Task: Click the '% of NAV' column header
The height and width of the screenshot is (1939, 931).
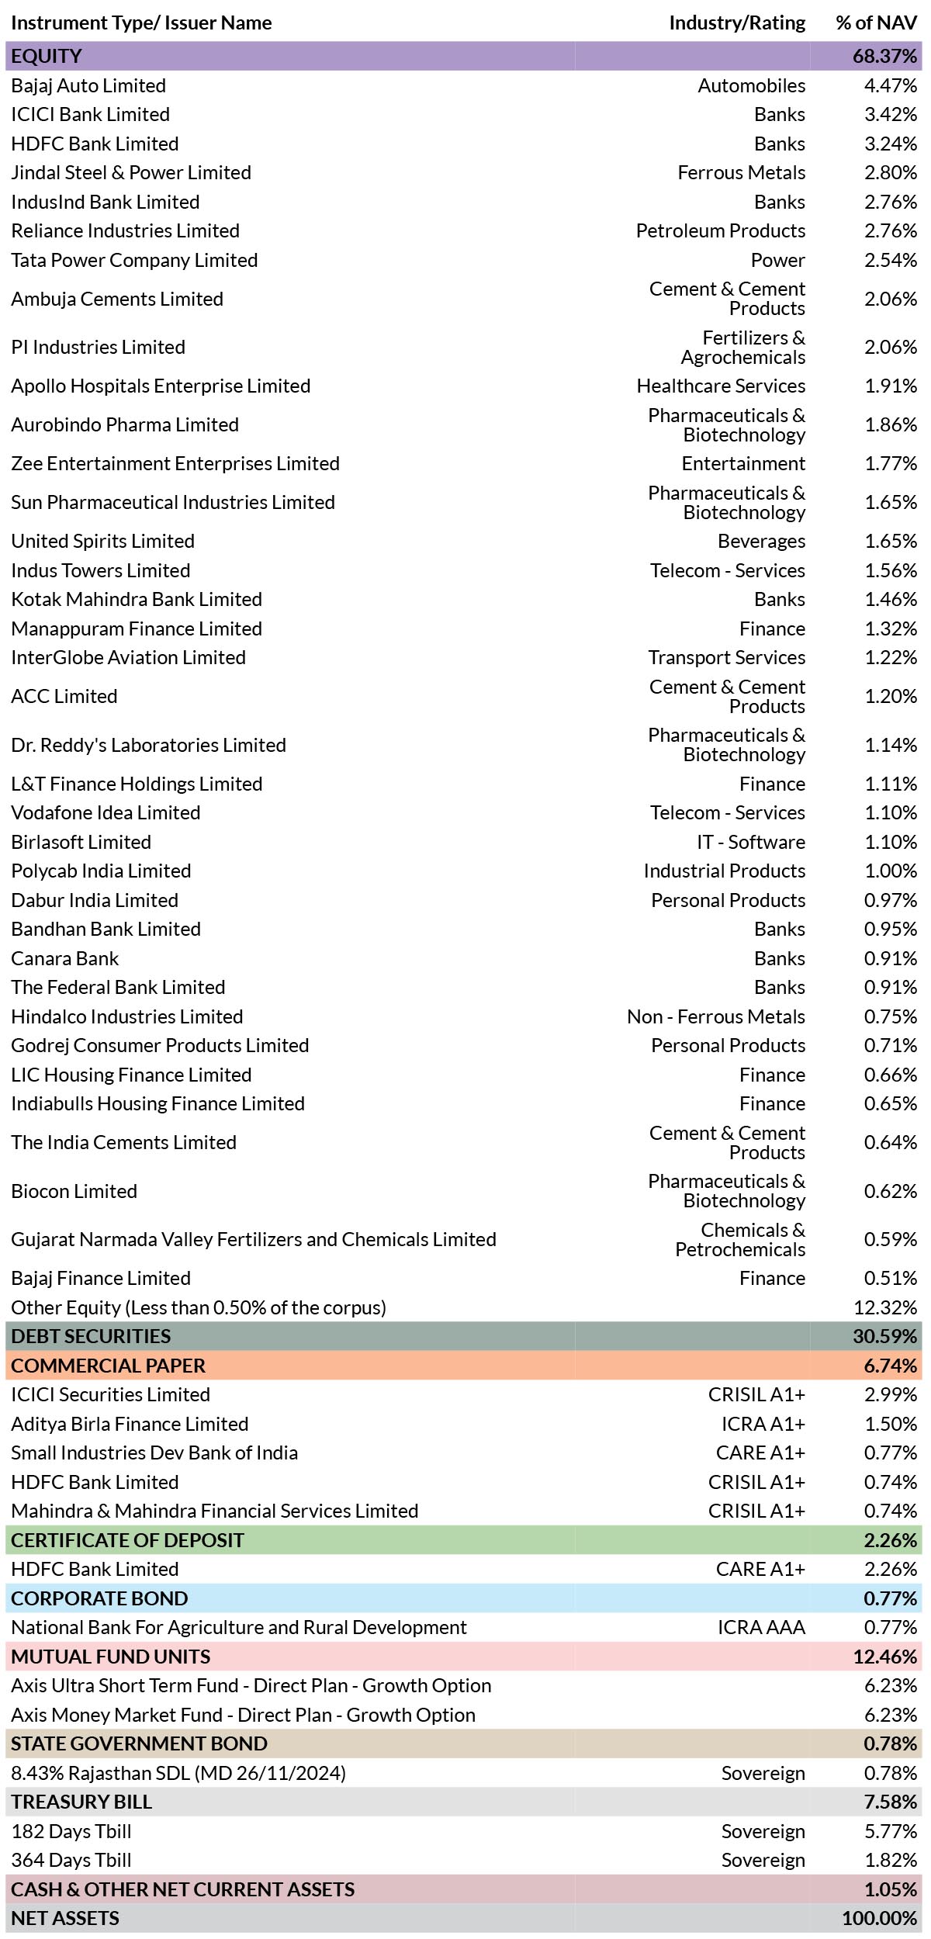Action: [x=877, y=23]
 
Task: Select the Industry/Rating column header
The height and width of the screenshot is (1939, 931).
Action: [x=737, y=23]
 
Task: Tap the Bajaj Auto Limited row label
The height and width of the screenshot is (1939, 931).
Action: [x=88, y=85]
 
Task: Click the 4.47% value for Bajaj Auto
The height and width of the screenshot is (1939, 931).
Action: [x=891, y=85]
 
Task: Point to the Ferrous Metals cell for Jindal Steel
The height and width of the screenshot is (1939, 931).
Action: [x=742, y=172]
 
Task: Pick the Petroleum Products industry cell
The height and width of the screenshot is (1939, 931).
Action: [x=721, y=230]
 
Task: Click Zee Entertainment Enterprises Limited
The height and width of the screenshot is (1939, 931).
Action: [x=175, y=463]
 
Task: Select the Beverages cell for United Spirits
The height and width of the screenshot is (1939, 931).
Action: [x=762, y=541]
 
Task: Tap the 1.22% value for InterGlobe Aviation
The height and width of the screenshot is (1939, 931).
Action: [x=891, y=657]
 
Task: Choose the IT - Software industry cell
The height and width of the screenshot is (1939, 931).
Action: [x=751, y=842]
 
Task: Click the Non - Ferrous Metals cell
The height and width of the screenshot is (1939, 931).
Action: [x=716, y=1016]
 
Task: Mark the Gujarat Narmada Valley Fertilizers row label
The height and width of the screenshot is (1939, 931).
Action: [x=254, y=1239]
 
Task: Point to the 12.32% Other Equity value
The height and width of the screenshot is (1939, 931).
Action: [x=885, y=1307]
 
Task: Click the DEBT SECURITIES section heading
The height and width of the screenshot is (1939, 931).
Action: [x=91, y=1336]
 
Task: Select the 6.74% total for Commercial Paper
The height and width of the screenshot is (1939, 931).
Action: [x=891, y=1366]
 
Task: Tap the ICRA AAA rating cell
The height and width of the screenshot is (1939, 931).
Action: [x=761, y=1627]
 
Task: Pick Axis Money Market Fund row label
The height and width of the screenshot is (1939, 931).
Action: [x=243, y=1715]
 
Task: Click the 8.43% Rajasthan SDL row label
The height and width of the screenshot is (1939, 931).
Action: [x=178, y=1773]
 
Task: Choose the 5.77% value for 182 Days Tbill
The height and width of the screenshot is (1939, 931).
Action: [x=891, y=1831]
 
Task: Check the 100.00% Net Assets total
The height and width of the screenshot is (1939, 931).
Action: [x=880, y=1918]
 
